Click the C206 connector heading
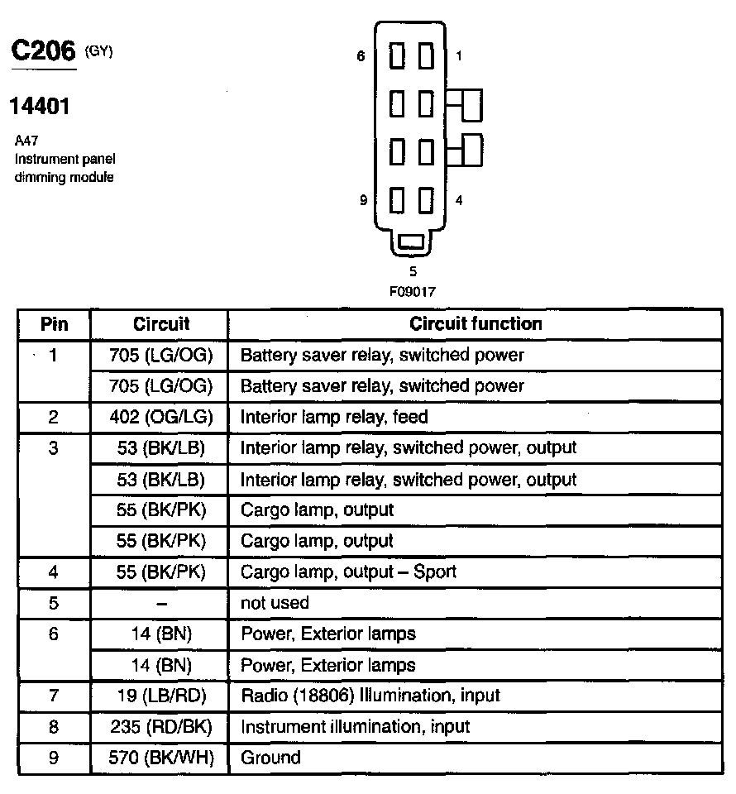pos(43,51)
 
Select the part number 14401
pos(39,106)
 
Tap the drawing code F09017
pos(413,291)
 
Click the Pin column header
pos(54,324)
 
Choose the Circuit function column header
pos(476,324)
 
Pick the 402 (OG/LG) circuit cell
pos(160,417)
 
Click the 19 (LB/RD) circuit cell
pos(160,696)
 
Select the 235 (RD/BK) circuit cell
pos(160,727)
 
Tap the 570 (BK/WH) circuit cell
pos(160,758)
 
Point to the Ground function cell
pos(270,758)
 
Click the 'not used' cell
pos(275,603)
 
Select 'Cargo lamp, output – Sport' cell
pos(348,572)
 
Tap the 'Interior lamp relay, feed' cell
pos(334,417)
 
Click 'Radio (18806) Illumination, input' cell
pos(370,696)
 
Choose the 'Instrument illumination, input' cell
pos(355,727)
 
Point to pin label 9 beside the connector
pos(363,200)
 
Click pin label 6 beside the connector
pos(361,56)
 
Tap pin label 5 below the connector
pos(413,270)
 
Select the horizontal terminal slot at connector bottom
pos(411,242)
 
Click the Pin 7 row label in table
pos(54,696)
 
